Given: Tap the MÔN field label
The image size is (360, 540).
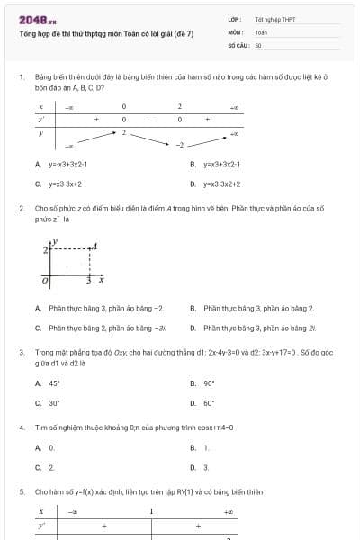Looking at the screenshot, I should (x=235, y=31).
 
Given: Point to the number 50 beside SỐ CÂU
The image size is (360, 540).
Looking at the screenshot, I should (x=258, y=44).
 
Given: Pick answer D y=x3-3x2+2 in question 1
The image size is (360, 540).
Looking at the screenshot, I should (x=216, y=184).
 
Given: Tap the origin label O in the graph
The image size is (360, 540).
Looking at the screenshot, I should (x=45, y=283).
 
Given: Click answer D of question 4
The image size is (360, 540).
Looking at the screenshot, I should (x=200, y=467).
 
